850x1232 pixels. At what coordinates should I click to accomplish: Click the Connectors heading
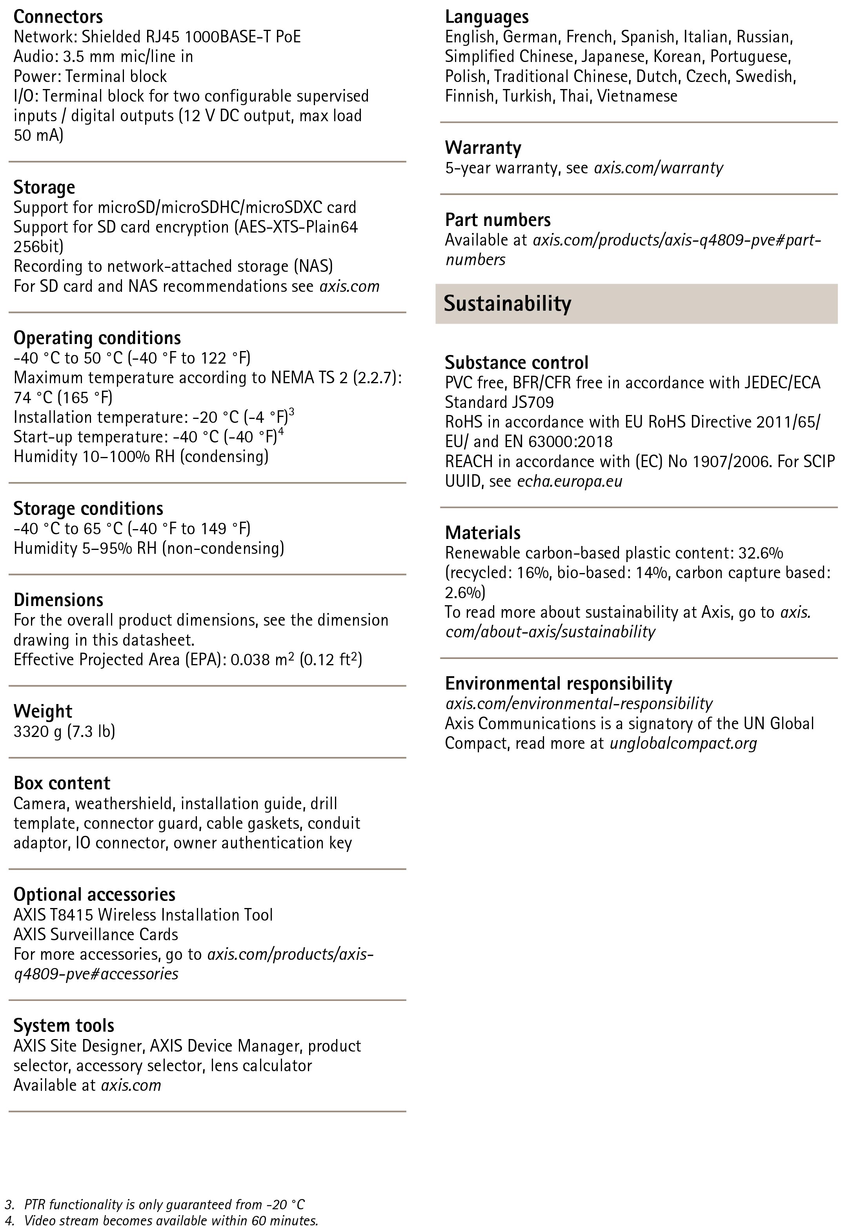(58, 17)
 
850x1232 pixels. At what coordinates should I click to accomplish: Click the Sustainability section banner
(507, 304)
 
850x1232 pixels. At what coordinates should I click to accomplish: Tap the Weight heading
(43, 711)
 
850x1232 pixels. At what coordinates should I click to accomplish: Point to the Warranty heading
(483, 147)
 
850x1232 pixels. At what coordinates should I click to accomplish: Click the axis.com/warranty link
(658, 168)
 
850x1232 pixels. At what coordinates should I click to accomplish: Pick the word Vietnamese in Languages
(637, 96)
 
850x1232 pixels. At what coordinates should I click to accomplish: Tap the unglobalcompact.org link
(683, 743)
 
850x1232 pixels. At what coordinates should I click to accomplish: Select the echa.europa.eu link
(569, 481)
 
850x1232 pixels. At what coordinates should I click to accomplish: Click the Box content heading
(62, 783)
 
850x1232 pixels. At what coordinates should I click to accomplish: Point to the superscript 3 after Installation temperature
(291, 412)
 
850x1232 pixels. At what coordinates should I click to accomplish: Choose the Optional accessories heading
(94, 894)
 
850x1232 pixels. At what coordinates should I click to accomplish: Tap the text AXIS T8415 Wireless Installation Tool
(143, 915)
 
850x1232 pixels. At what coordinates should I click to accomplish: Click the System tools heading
(64, 1025)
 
